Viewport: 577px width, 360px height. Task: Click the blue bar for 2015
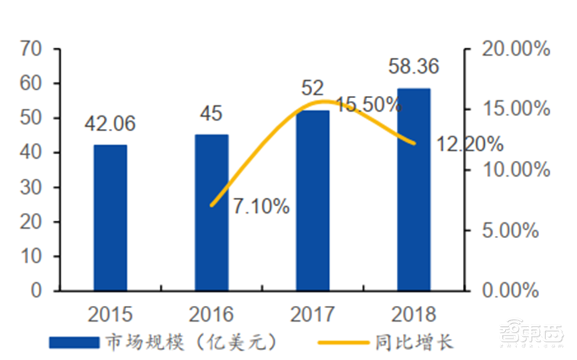coord(110,218)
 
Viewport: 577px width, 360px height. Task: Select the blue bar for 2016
coord(211,213)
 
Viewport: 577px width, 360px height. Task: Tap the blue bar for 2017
coord(312,201)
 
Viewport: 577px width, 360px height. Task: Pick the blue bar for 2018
coord(413,190)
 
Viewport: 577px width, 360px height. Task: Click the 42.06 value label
coord(110,125)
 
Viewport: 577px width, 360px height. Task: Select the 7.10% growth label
coord(261,207)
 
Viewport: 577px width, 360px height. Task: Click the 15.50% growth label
coord(369,105)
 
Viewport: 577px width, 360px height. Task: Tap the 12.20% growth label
coord(470,144)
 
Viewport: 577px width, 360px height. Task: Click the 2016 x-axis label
coord(211,314)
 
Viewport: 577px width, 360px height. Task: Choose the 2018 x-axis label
coord(413,314)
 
